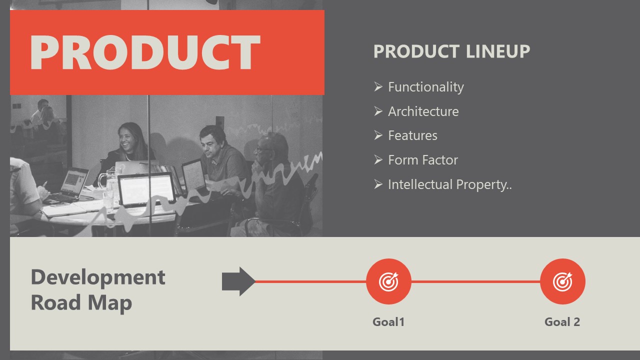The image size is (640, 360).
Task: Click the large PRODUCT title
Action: [145, 52]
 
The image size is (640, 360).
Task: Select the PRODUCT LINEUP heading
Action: [451, 51]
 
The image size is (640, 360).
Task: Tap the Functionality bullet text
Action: [425, 87]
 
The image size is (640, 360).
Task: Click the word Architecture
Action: [423, 111]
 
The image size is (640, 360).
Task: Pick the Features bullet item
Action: [412, 135]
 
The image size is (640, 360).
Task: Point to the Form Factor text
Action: [422, 160]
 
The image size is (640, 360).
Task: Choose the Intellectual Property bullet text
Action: [449, 184]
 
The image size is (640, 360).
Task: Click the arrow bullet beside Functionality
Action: [378, 86]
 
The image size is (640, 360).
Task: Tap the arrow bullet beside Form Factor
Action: [378, 159]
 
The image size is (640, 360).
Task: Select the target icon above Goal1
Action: [388, 281]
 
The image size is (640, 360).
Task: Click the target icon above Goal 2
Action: [562, 281]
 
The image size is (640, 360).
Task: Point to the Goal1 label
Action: [388, 322]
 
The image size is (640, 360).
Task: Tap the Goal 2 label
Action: [562, 322]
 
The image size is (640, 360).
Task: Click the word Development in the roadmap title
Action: [98, 277]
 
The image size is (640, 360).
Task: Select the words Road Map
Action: [81, 302]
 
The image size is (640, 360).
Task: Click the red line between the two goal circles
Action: [475, 281]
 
